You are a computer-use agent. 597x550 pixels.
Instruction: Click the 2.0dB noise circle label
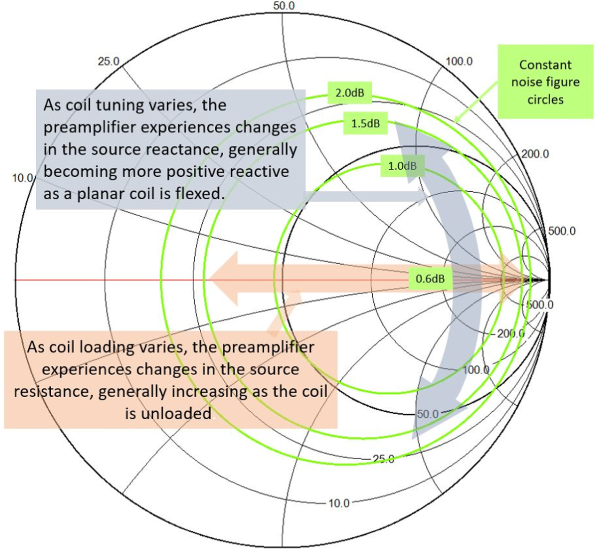tap(350, 93)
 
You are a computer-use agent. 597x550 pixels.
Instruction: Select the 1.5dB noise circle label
tap(365, 124)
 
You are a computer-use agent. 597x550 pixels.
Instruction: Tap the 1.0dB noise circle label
tap(402, 166)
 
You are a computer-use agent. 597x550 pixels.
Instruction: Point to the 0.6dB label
tap(430, 279)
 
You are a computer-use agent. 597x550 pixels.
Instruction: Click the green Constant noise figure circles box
tap(545, 82)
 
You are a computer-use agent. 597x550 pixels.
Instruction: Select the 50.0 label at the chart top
tap(283, 6)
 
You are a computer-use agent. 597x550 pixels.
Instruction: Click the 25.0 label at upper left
tap(109, 61)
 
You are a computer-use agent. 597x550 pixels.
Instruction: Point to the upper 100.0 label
tap(459, 61)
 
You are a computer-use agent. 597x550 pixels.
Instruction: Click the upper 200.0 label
tap(535, 154)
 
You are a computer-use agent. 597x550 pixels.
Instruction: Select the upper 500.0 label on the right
tap(561, 231)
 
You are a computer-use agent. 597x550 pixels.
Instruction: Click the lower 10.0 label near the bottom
tap(338, 503)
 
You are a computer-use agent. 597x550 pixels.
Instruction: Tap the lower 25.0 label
tap(383, 459)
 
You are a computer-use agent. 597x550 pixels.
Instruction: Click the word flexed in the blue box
tap(197, 193)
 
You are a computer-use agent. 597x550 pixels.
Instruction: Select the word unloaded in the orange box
tap(168, 414)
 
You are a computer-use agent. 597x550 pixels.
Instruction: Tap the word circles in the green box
tap(545, 100)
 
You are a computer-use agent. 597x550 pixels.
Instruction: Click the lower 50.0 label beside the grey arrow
tap(427, 414)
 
